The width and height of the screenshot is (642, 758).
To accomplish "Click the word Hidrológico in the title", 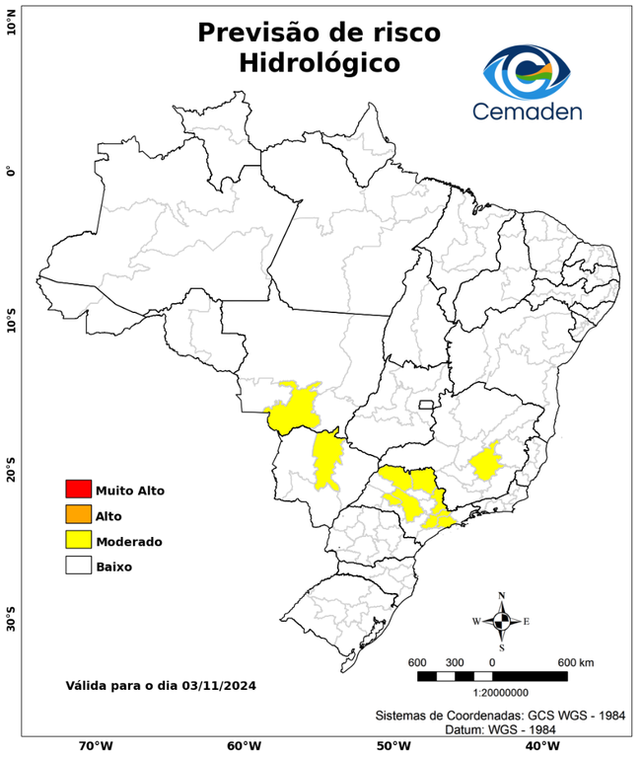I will point(320,63).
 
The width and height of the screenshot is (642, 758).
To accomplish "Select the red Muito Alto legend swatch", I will point(78,490).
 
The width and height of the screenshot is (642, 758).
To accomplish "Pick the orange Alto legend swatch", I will point(78,515).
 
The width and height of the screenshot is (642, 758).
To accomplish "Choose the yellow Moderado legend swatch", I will point(78,541).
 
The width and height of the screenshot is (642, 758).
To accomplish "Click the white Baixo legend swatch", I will point(78,567).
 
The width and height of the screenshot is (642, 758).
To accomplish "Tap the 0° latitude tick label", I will point(11,171).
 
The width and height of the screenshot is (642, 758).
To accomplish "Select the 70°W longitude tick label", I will point(95,745).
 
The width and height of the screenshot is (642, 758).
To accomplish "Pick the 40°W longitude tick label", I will point(539,745).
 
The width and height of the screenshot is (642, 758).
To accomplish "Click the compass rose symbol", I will point(502,621).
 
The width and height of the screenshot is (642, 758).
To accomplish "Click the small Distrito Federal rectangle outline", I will point(427,405).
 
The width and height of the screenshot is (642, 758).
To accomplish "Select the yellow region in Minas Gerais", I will point(485,461).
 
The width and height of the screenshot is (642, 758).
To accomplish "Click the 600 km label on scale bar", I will point(576,661).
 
